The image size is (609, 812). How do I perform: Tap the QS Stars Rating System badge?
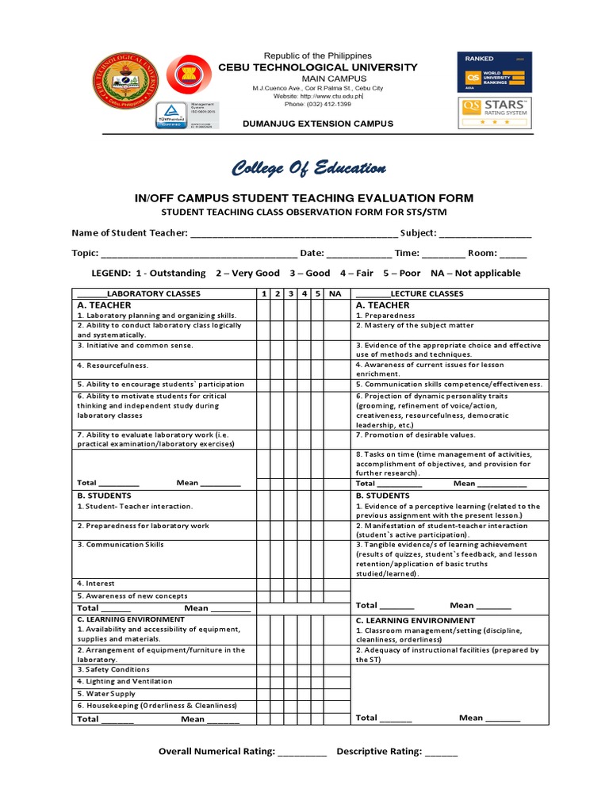(x=495, y=114)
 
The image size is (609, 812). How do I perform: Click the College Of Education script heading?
(x=308, y=168)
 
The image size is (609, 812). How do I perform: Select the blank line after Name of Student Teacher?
(x=294, y=234)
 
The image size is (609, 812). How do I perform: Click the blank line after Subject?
(x=485, y=234)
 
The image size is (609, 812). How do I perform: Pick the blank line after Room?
(x=513, y=255)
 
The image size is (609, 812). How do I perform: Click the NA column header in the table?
(x=335, y=293)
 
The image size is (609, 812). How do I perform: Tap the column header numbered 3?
(x=291, y=293)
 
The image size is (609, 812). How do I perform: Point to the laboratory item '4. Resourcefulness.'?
(x=113, y=366)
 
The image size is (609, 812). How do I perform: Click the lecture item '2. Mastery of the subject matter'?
(x=415, y=325)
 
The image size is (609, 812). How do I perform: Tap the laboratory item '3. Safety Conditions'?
(x=113, y=669)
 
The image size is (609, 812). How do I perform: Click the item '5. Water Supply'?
(x=106, y=694)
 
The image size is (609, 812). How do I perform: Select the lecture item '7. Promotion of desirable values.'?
(x=416, y=435)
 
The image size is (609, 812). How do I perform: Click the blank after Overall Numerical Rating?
(x=302, y=752)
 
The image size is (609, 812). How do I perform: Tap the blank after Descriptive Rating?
(x=442, y=752)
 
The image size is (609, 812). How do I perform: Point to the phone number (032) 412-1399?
(x=317, y=104)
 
